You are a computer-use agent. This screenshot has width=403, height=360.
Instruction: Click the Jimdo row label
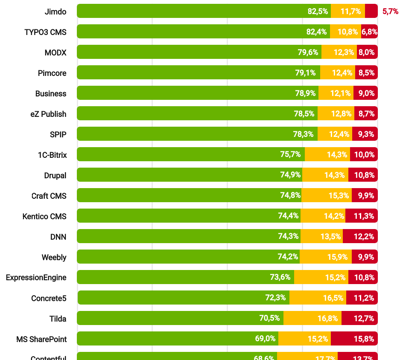click(55, 12)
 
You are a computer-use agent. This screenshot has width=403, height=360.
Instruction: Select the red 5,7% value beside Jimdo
click(390, 12)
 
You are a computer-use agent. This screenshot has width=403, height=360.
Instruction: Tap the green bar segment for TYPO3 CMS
click(203, 32)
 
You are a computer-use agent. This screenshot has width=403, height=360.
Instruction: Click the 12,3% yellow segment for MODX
click(339, 52)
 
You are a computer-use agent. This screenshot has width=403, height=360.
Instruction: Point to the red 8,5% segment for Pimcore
click(366, 73)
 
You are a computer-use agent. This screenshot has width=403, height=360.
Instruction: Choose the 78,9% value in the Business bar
click(305, 93)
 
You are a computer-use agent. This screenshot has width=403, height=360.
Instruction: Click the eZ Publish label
click(48, 114)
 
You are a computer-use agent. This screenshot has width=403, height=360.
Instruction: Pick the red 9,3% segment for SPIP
click(365, 134)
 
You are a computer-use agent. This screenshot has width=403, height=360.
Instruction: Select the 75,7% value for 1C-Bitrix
click(290, 154)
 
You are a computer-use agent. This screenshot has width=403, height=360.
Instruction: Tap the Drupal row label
click(55, 175)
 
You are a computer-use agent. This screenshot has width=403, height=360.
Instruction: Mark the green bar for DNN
click(188, 236)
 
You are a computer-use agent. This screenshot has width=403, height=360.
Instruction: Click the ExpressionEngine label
click(36, 278)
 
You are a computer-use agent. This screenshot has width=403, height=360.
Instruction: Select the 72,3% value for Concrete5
click(275, 298)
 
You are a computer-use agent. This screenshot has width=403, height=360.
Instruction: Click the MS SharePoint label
click(41, 339)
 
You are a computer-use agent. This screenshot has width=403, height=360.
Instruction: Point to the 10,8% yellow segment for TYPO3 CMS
click(345, 32)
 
